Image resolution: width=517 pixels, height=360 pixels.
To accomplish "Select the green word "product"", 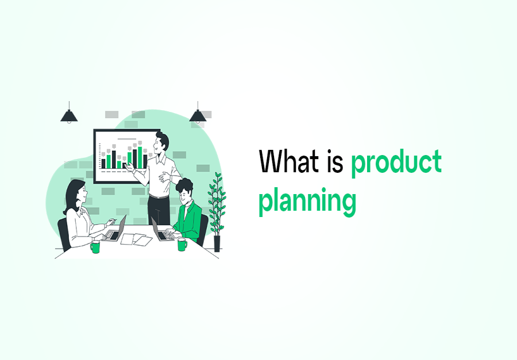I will click(x=396, y=163).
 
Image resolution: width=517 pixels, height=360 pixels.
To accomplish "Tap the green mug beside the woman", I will click(x=95, y=247).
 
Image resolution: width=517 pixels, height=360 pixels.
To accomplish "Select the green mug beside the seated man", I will click(x=182, y=245).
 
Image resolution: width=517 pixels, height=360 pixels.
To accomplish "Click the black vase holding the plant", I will click(x=217, y=243).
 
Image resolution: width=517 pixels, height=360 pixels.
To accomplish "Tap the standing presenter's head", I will click(x=163, y=140).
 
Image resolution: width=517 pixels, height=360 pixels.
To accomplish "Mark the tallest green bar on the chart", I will click(x=140, y=157).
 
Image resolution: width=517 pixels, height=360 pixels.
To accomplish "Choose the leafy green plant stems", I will click(x=217, y=201).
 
